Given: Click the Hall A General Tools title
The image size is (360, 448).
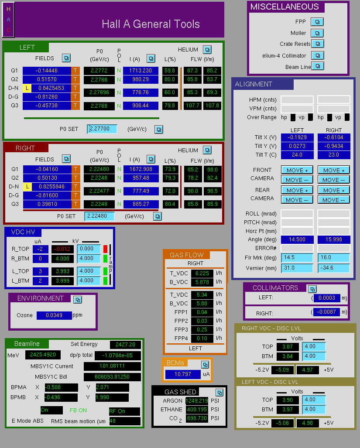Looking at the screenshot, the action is (151, 24).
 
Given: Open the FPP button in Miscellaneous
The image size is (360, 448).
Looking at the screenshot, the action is (317, 22).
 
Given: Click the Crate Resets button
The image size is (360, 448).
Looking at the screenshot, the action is (317, 44).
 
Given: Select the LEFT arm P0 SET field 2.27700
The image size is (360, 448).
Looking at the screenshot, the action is (102, 129).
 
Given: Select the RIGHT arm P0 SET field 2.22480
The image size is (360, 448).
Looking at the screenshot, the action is (99, 216).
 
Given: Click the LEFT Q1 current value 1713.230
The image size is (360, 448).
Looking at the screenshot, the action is (141, 71).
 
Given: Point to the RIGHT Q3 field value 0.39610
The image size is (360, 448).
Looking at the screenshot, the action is (48, 204).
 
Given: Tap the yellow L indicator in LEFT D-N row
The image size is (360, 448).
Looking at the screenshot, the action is (27, 88).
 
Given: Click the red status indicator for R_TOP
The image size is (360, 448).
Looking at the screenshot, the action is (105, 249).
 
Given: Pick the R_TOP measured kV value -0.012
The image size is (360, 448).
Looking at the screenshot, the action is (62, 249).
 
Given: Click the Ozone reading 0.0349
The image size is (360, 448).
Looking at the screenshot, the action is (54, 315).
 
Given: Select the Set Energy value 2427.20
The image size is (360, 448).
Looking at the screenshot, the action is (125, 345).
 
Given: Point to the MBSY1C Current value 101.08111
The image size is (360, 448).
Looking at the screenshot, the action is (112, 366).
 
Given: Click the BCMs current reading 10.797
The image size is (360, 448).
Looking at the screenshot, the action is (183, 374).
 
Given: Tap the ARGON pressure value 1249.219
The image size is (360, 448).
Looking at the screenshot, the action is (196, 401).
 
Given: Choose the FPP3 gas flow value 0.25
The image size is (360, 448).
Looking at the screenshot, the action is (202, 330).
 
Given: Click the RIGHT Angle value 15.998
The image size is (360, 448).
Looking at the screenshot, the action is (334, 239).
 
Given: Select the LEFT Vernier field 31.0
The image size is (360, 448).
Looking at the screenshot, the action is (297, 268).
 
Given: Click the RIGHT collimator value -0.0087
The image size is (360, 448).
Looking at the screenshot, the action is (326, 312).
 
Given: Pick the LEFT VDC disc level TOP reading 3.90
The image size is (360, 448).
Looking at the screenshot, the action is (288, 400).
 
